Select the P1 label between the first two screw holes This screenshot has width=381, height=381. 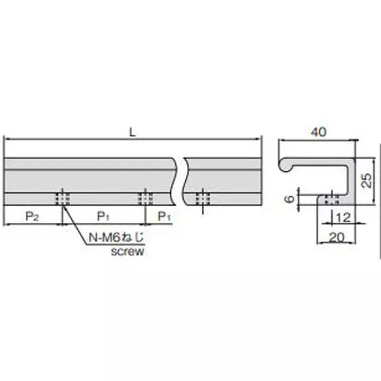pos(104,217)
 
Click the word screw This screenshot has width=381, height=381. pos(127,251)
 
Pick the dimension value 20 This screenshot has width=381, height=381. pos(337,236)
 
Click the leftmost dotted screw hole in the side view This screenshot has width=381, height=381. pos(62,198)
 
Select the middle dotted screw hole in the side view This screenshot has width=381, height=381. pos(145,198)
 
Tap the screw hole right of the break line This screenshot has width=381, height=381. pos(203,198)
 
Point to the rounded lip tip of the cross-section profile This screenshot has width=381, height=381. pos(285,166)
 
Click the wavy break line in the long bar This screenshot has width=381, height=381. pos(179,181)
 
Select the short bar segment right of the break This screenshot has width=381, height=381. pos(224,176)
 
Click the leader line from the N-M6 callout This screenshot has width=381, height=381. pos(74,224)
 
